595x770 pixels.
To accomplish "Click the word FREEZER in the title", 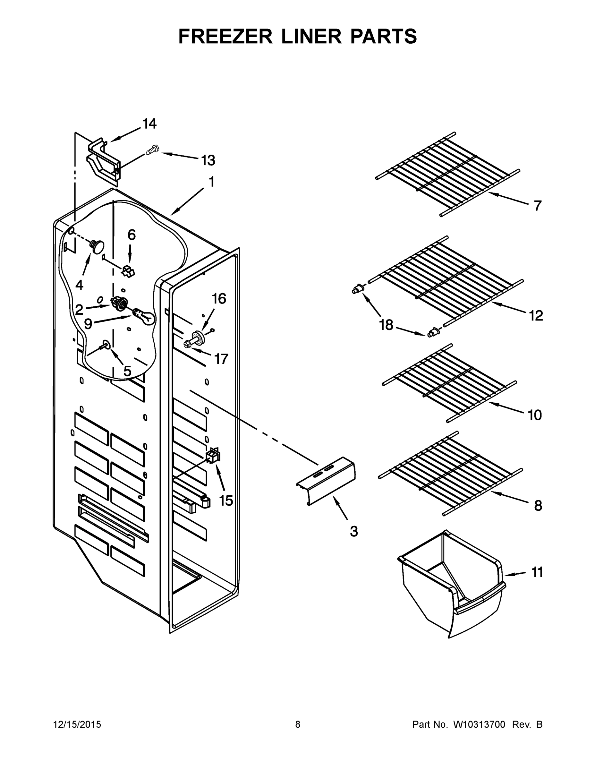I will coord(225,36).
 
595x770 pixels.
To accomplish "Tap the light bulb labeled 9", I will coord(146,316).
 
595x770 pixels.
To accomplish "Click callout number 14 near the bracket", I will coord(149,124).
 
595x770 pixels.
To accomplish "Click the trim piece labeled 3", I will coord(326,481).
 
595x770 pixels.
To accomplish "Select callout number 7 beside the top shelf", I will coord(537,206).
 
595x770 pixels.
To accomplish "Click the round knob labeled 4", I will coord(98,245).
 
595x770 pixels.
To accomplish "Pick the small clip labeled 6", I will coord(128,271).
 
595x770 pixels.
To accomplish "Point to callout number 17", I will coord(221,359).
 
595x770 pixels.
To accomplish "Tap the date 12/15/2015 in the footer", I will coord(77,724).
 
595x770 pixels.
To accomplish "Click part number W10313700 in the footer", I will coord(479,724).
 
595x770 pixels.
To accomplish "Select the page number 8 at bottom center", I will coord(298,724).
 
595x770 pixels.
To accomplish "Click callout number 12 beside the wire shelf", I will coord(536,316).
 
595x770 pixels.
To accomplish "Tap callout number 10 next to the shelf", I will coord(535,415).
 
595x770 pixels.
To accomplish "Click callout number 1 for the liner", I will coord(211,182).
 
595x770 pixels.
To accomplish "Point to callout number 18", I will coord(386,325).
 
